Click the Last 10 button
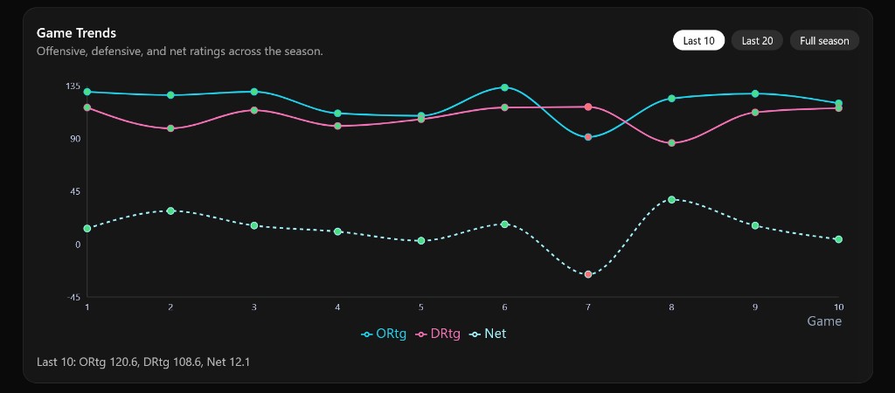[698, 40]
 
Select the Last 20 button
[757, 40]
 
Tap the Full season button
[824, 40]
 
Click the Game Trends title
[76, 32]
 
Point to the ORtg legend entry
[384, 334]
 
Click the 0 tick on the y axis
[77, 245]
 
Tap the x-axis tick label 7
[588, 307]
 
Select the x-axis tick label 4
[337, 307]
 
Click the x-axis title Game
[823, 321]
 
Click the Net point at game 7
[588, 274]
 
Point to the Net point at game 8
[671, 199]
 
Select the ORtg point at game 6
[504, 87]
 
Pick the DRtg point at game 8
[671, 142]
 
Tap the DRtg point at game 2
[170, 128]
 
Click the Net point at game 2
[170, 210]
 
